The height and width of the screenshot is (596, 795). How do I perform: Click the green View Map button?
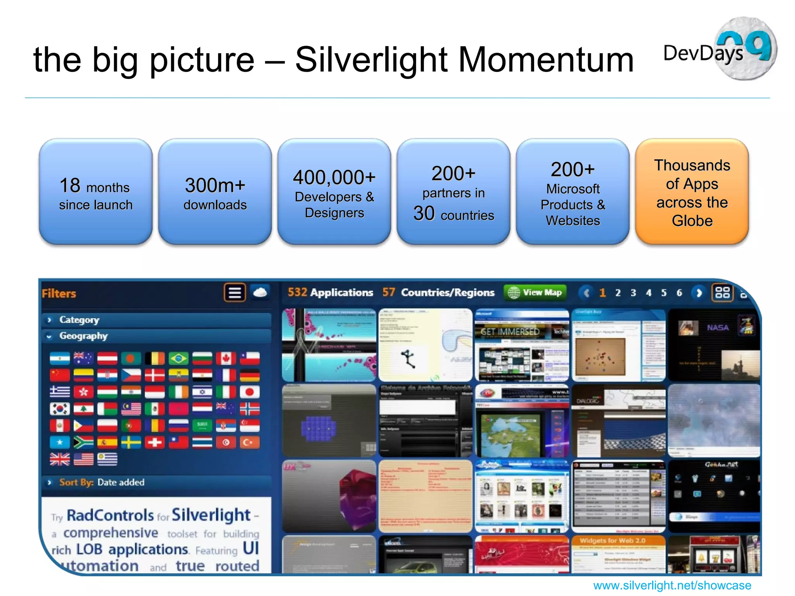point(535,292)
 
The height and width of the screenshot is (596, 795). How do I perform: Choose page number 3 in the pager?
point(633,293)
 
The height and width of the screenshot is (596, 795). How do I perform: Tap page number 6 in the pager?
point(679,293)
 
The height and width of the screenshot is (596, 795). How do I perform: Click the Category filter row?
point(155,320)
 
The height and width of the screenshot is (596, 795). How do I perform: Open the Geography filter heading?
point(155,336)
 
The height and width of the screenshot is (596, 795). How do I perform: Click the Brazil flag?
point(178,359)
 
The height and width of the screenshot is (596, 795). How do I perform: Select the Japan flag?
point(250,392)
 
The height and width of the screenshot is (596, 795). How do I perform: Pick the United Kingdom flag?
point(60,459)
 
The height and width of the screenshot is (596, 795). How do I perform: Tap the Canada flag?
point(226,359)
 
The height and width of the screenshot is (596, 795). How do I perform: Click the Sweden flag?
point(131,442)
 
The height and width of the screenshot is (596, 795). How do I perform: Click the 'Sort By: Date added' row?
point(155,482)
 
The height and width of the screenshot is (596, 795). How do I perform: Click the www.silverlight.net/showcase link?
point(672,585)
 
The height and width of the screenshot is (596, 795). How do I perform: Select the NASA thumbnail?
point(713,345)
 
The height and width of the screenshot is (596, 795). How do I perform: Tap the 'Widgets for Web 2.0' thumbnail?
point(618,554)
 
